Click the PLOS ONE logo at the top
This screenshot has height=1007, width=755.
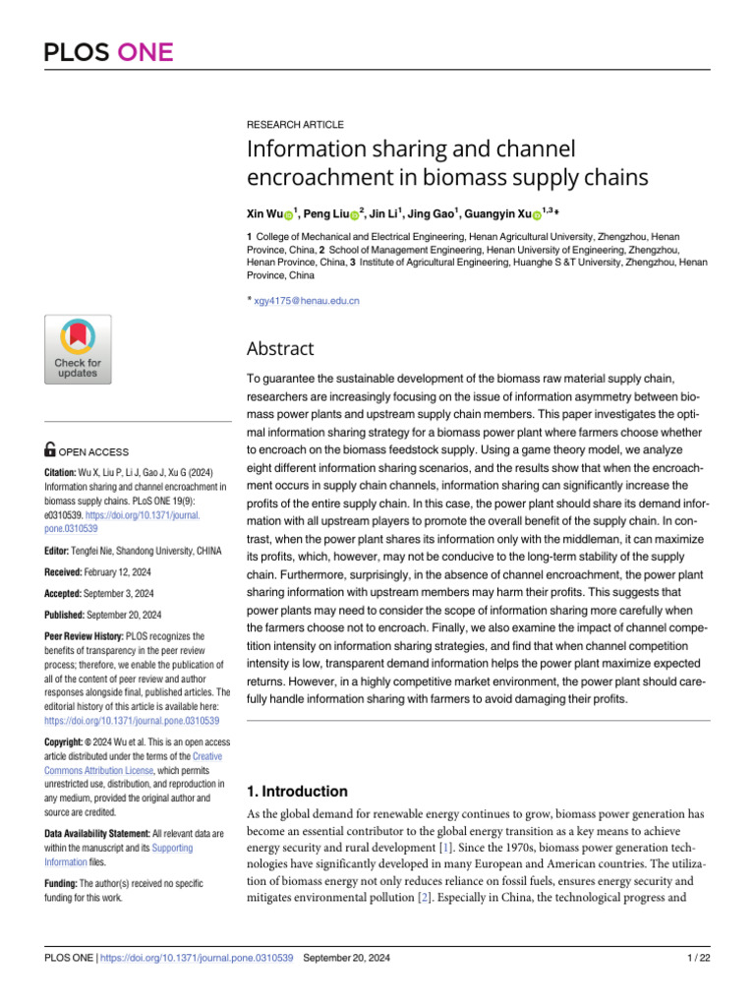click(x=108, y=52)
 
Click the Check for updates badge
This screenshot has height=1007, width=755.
click(x=78, y=349)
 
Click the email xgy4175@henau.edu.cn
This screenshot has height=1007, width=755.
click(x=306, y=300)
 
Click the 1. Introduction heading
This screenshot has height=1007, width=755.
click(x=296, y=791)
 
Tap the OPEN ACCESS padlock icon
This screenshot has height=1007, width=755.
click(x=50, y=450)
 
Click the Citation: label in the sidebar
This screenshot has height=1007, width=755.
click(x=66, y=472)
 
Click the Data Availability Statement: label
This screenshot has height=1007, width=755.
click(x=97, y=833)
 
